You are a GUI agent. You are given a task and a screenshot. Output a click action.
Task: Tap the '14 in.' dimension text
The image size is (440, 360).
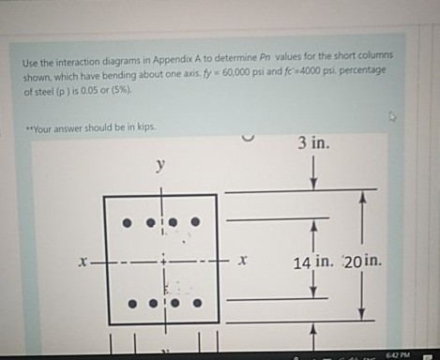(x=314, y=260)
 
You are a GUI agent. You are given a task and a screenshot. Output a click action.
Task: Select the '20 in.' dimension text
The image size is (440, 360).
(x=362, y=260)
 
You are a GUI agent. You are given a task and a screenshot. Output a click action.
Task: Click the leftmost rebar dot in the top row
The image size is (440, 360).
(x=127, y=223)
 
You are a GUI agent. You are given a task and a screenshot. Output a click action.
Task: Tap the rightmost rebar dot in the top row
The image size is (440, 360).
(x=195, y=223)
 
